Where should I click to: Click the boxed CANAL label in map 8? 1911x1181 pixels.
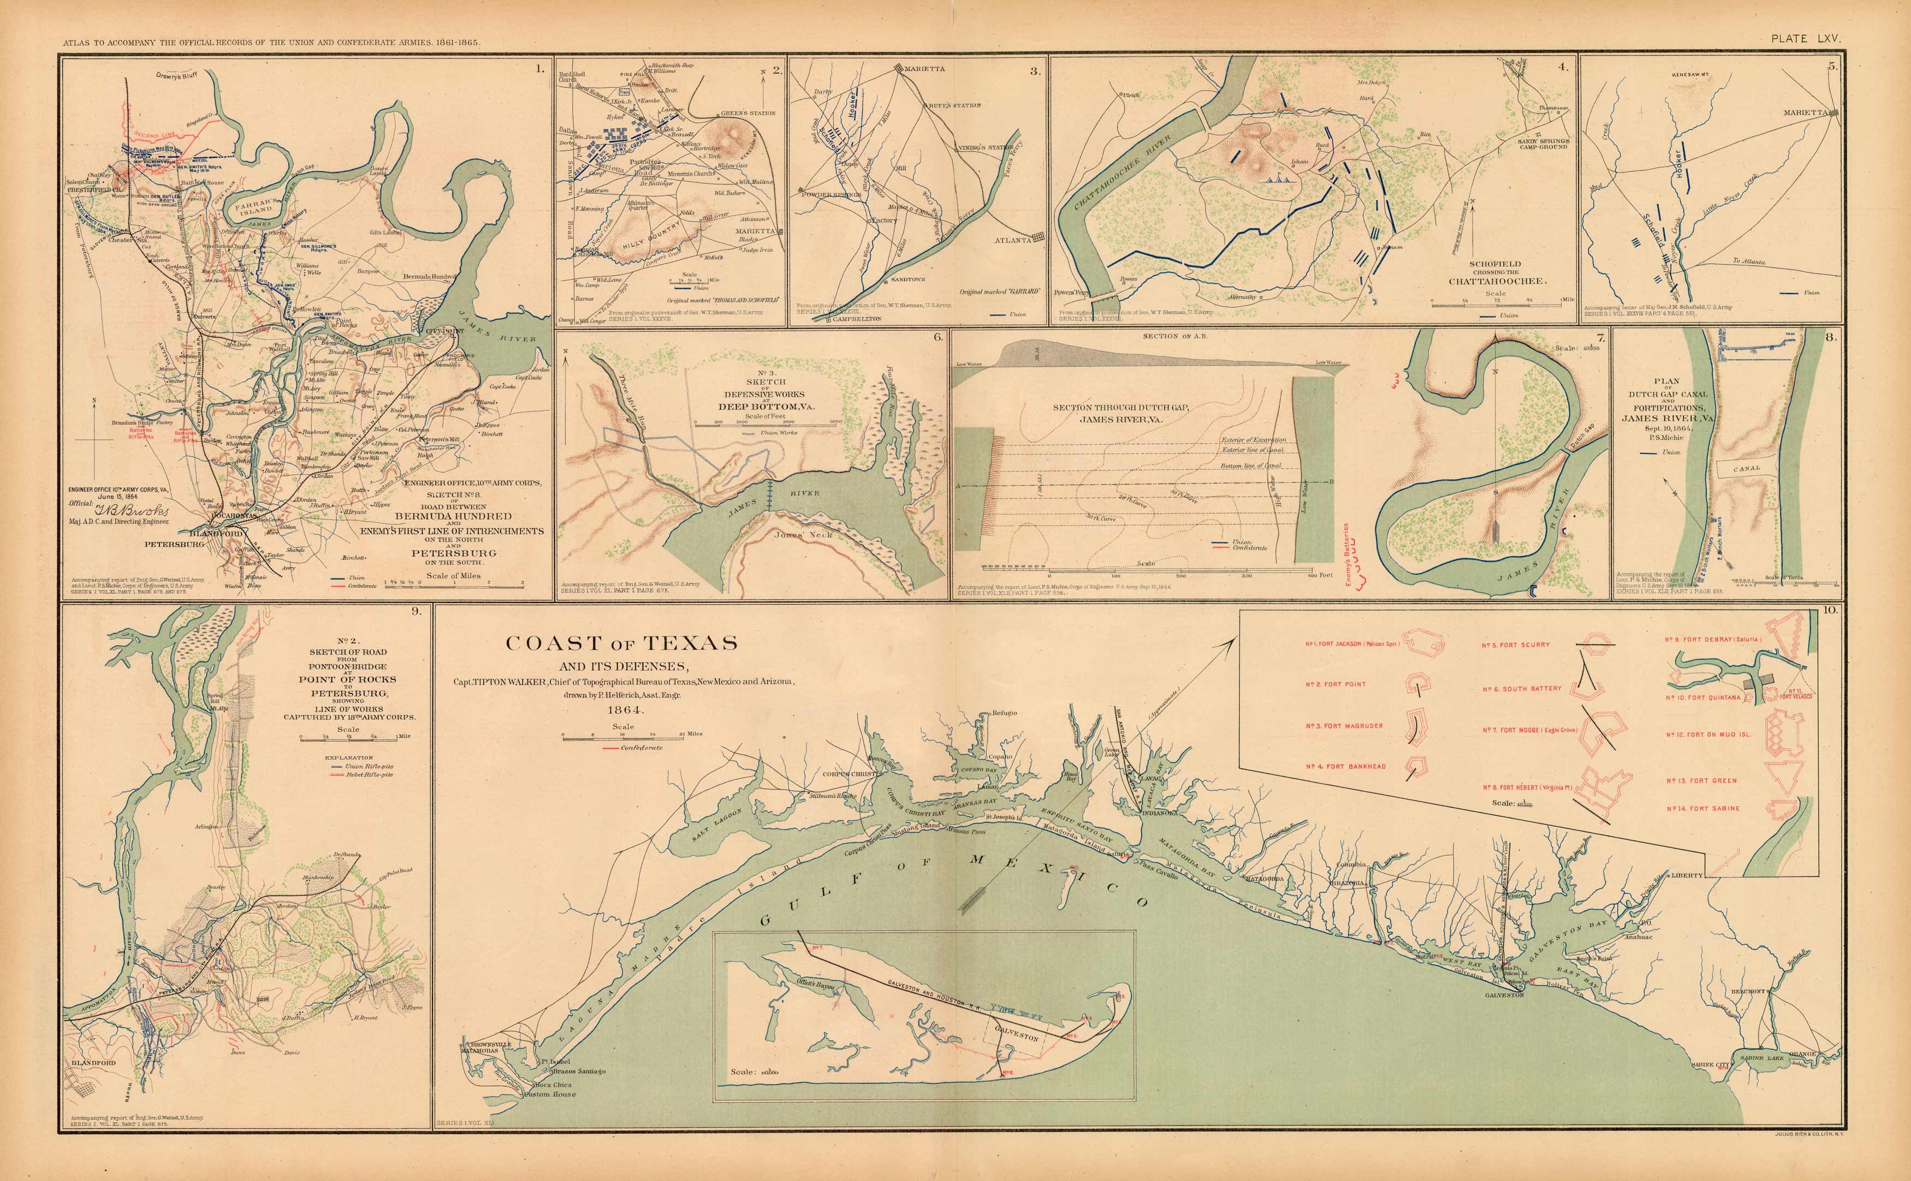1747,469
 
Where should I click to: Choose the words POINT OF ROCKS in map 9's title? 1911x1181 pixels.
346,679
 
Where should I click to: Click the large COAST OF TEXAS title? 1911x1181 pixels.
621,643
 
